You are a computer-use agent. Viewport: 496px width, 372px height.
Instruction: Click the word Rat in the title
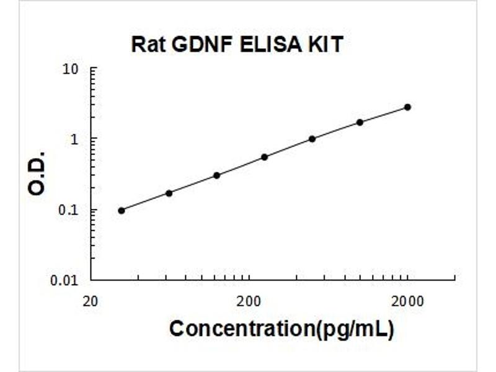pos(147,45)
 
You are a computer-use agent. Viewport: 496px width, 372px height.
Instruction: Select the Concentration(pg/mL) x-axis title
pos(281,329)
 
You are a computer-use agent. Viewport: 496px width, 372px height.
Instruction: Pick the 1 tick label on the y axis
pos(76,139)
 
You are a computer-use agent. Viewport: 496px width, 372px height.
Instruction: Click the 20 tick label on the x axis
pos(91,301)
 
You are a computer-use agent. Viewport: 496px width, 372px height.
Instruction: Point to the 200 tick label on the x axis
pos(249,301)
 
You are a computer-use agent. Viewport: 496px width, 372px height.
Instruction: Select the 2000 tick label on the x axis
pos(407,301)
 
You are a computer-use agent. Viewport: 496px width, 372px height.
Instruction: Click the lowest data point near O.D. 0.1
pos(122,211)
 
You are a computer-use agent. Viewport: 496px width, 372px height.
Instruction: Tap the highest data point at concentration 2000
pos(407,107)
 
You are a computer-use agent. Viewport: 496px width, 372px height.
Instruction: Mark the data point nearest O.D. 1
pos(312,139)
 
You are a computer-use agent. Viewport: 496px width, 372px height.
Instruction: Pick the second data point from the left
pos(169,193)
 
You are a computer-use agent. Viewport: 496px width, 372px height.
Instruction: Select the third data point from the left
pos(216,175)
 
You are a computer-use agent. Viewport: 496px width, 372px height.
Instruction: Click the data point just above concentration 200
pos(264,157)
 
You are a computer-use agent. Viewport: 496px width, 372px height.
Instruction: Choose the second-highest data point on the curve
pos(360,122)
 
